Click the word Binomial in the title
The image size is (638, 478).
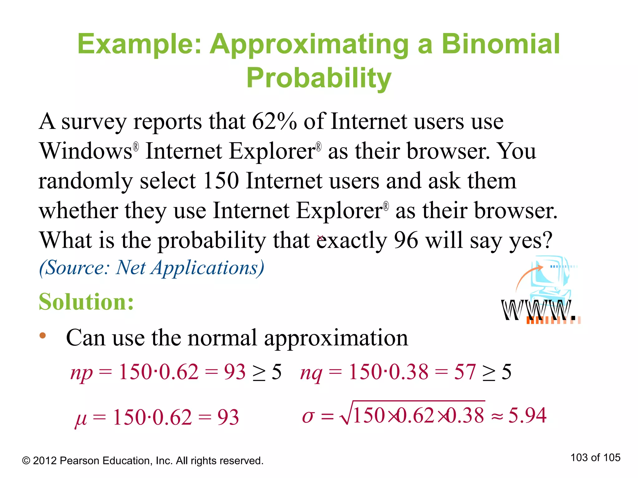pos(501,44)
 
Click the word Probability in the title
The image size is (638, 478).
pos(319,78)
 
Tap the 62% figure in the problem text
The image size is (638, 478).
pos(274,121)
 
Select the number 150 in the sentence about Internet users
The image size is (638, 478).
pos(221,181)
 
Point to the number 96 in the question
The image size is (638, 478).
pos(406,240)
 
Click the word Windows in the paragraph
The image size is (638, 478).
pos(86,151)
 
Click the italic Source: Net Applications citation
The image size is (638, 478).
pos(152,268)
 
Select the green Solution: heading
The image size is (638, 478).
pos(86,302)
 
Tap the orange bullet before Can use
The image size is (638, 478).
pos(43,335)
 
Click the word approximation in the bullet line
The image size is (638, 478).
pos(336,338)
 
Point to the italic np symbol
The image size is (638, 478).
pos(81,373)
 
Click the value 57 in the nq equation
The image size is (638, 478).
pos(465,372)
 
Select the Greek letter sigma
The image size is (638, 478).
pos(308,416)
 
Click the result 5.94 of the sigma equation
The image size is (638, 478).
pos(527,415)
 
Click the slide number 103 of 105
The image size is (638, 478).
pos(595,457)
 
